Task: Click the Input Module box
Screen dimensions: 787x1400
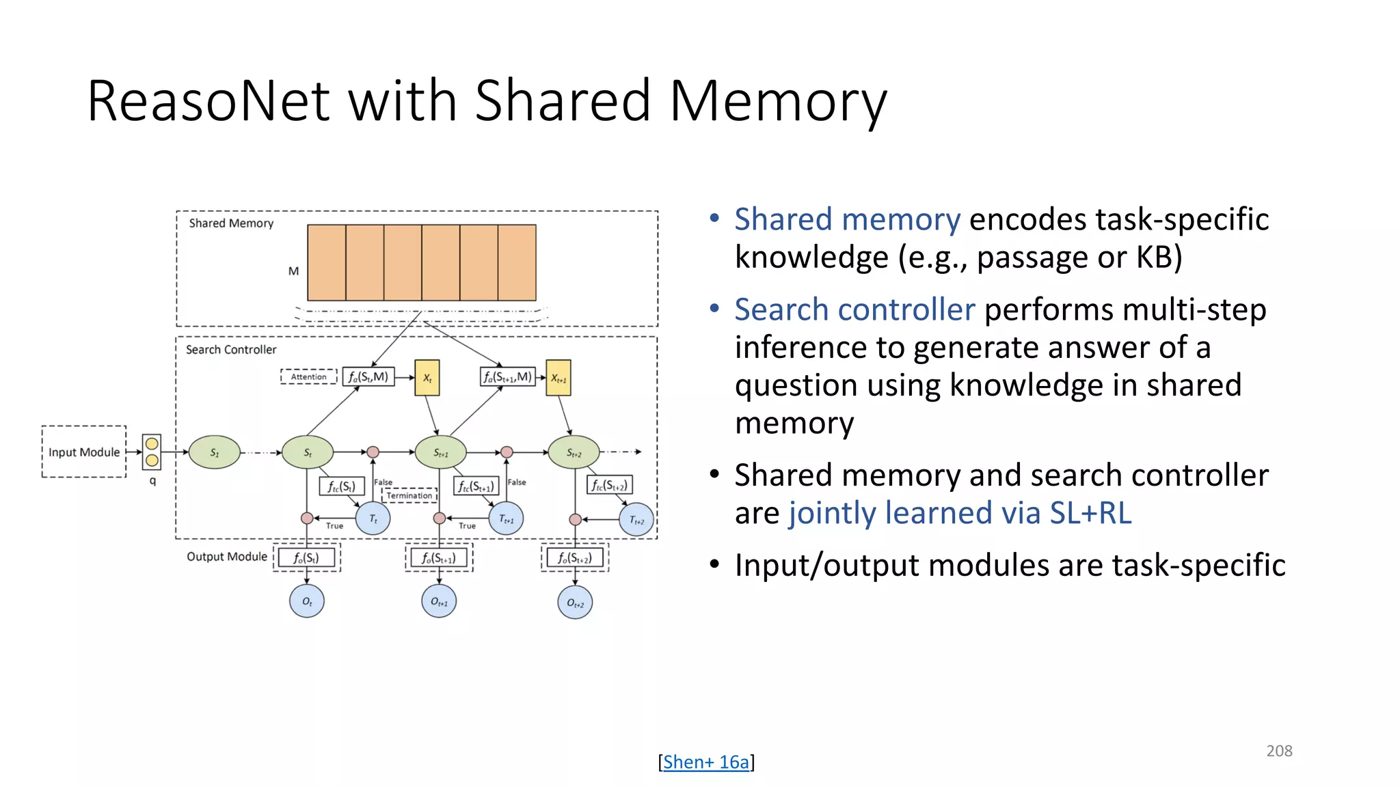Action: (x=84, y=452)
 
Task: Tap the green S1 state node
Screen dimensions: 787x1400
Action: (x=215, y=452)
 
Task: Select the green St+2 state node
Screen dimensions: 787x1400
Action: (x=574, y=452)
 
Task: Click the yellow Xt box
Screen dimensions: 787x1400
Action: (x=427, y=378)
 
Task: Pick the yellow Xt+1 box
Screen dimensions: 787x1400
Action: (x=558, y=378)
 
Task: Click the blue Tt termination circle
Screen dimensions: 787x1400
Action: (x=373, y=519)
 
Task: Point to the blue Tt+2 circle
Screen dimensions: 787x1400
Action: (x=636, y=520)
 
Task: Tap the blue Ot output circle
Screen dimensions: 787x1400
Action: (x=307, y=601)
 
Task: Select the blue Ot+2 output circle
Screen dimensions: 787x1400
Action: (x=575, y=603)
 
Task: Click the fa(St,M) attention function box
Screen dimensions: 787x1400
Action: (x=368, y=376)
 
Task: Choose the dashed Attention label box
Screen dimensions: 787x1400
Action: (x=308, y=376)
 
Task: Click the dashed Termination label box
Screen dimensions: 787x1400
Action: (x=409, y=495)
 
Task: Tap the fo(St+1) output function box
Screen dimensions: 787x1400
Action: (x=439, y=557)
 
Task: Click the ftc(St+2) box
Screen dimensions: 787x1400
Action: (x=609, y=485)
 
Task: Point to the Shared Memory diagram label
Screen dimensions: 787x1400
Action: (x=231, y=223)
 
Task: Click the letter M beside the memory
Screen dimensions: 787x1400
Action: (x=293, y=271)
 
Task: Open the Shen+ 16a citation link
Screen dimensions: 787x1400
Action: (x=706, y=762)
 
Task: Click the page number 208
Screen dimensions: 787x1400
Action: (x=1279, y=751)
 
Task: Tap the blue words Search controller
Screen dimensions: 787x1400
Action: (x=854, y=309)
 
